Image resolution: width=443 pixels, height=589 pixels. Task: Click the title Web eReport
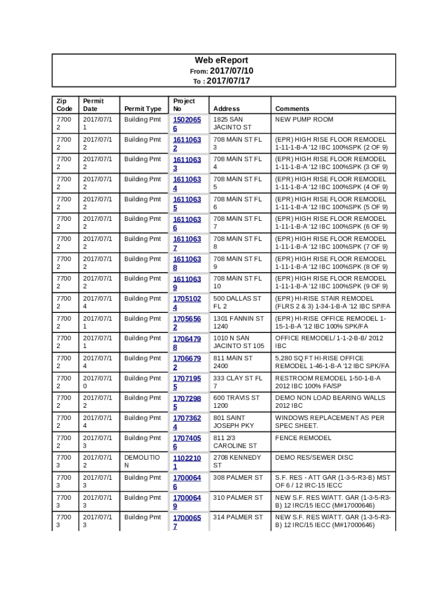(221, 60)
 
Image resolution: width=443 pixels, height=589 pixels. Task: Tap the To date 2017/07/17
(228, 81)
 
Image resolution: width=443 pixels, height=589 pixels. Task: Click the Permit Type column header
(143, 109)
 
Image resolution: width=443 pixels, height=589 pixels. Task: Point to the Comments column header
(292, 109)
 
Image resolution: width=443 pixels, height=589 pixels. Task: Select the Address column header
(226, 109)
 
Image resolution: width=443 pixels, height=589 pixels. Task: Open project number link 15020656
(187, 124)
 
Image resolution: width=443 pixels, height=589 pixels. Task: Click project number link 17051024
(187, 303)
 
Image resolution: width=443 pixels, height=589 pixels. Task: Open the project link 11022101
(187, 462)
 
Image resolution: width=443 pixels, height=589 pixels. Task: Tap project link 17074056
(187, 442)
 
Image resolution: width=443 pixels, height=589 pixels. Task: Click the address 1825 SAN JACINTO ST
(232, 123)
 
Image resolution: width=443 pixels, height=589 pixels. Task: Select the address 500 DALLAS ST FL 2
(237, 303)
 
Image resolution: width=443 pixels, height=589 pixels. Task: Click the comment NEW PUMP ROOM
(304, 120)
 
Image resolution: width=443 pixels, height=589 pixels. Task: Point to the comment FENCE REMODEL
(303, 438)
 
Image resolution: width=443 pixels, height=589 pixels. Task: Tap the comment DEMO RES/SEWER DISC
(314, 458)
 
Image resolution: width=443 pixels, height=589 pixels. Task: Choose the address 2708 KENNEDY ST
(236, 461)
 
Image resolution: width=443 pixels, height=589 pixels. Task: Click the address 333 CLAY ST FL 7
(238, 382)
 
